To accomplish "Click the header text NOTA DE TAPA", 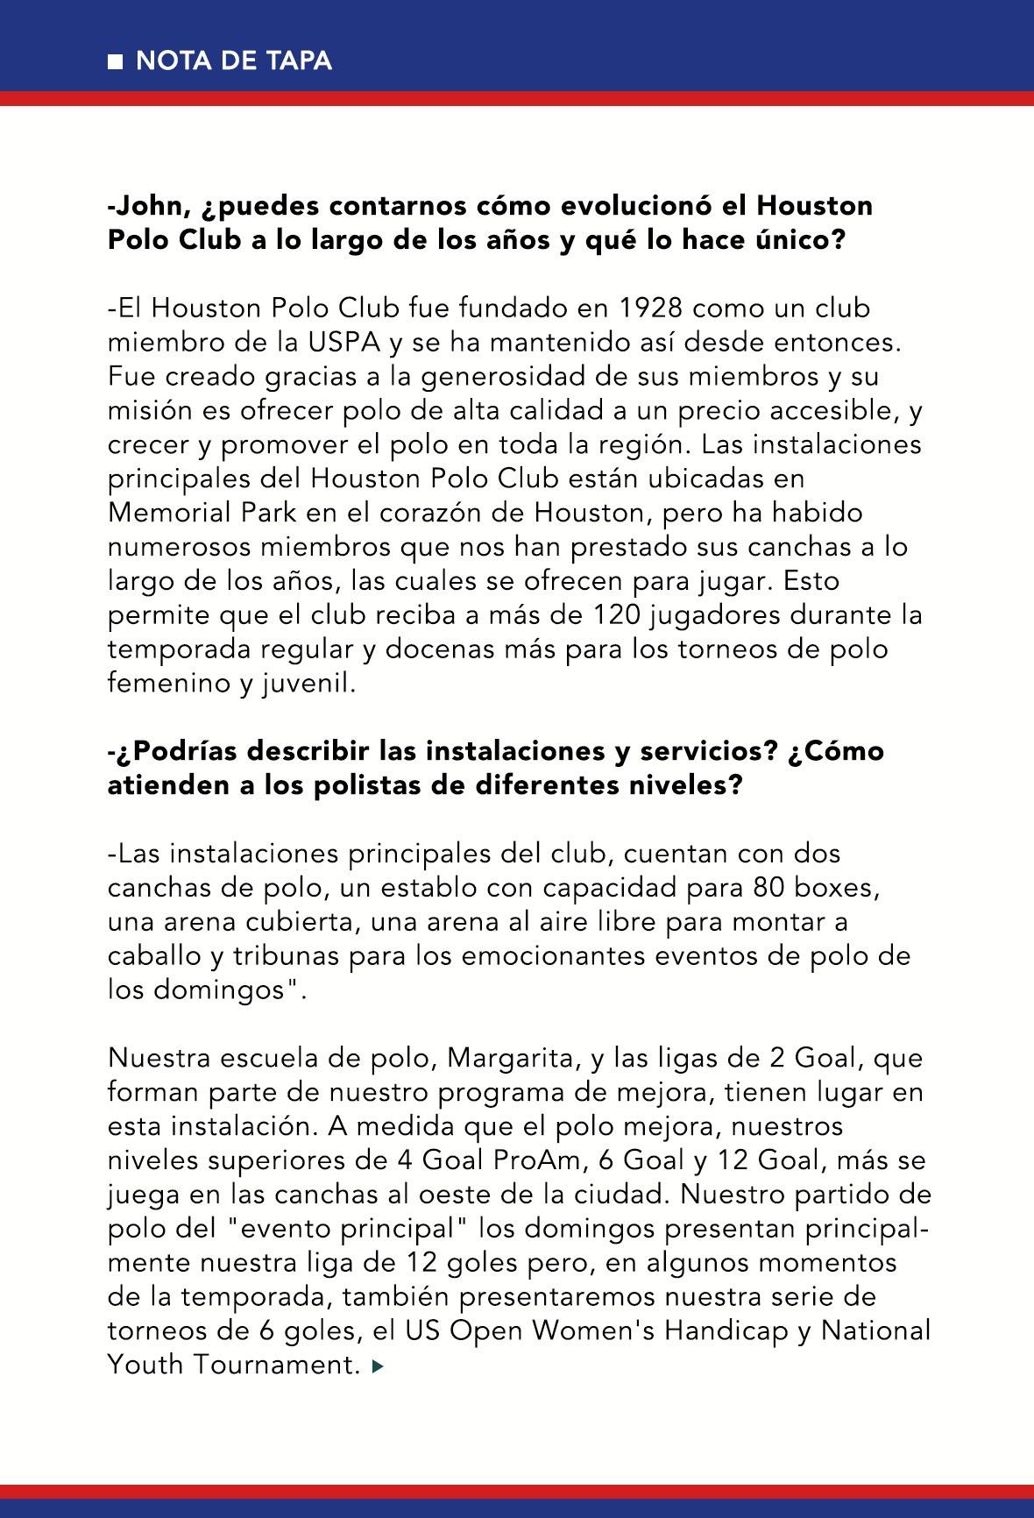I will pos(234,60).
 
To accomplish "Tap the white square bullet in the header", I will pos(115,61).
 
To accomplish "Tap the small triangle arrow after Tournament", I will pos(378,1365).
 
